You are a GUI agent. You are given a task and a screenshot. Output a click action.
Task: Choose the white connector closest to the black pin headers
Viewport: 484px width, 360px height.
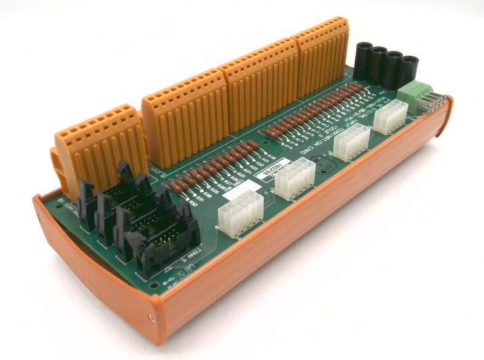click(239, 211)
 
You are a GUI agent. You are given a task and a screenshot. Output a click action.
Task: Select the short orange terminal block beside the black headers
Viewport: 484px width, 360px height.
click(97, 145)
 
